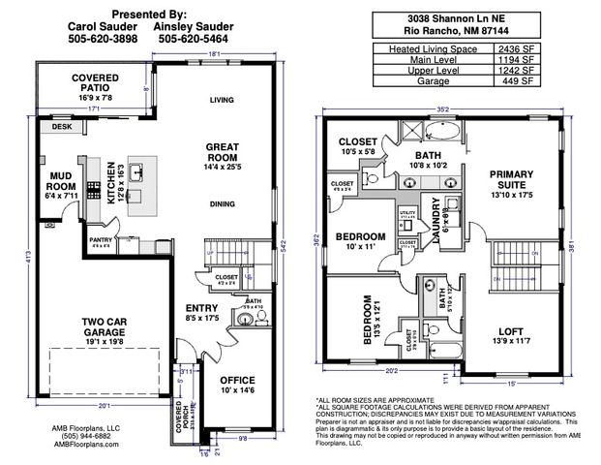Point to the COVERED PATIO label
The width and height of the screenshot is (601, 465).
pyautogui.click(x=95, y=84)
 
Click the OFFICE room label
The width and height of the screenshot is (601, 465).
pyautogui.click(x=235, y=380)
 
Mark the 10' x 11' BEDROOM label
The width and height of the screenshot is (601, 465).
pyautogui.click(x=360, y=236)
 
